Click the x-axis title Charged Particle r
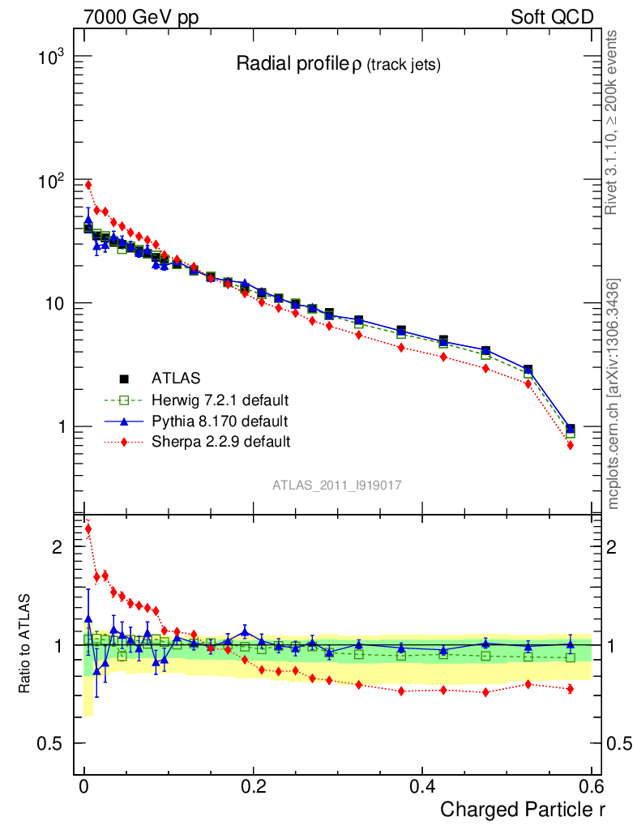tap(523, 808)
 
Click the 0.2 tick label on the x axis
tap(253, 787)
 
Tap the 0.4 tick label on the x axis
tap(422, 787)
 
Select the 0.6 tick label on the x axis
tap(591, 787)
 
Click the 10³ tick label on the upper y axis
tap(53, 58)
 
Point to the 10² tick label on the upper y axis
tap(53, 181)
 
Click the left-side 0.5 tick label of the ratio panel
tap(51, 744)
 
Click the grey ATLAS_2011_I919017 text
tap(337, 485)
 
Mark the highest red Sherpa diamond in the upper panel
tap(88, 185)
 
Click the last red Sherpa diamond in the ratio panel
tap(571, 689)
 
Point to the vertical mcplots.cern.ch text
tap(613, 393)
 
